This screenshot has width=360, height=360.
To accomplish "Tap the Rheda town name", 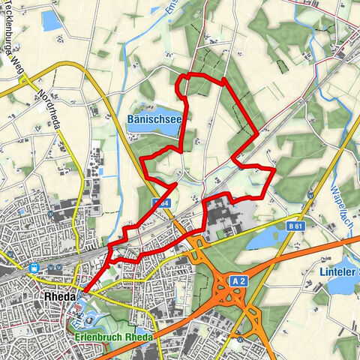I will [x=54, y=296].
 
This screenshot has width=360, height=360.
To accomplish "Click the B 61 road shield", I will [x=295, y=224].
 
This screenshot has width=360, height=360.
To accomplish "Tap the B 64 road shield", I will [x=159, y=202].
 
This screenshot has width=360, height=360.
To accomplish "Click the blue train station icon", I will [x=34, y=267].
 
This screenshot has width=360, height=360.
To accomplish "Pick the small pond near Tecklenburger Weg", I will [x=51, y=20].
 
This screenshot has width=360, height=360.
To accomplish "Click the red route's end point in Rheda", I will [x=83, y=292].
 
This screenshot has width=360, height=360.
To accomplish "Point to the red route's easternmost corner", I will [x=274, y=170].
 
